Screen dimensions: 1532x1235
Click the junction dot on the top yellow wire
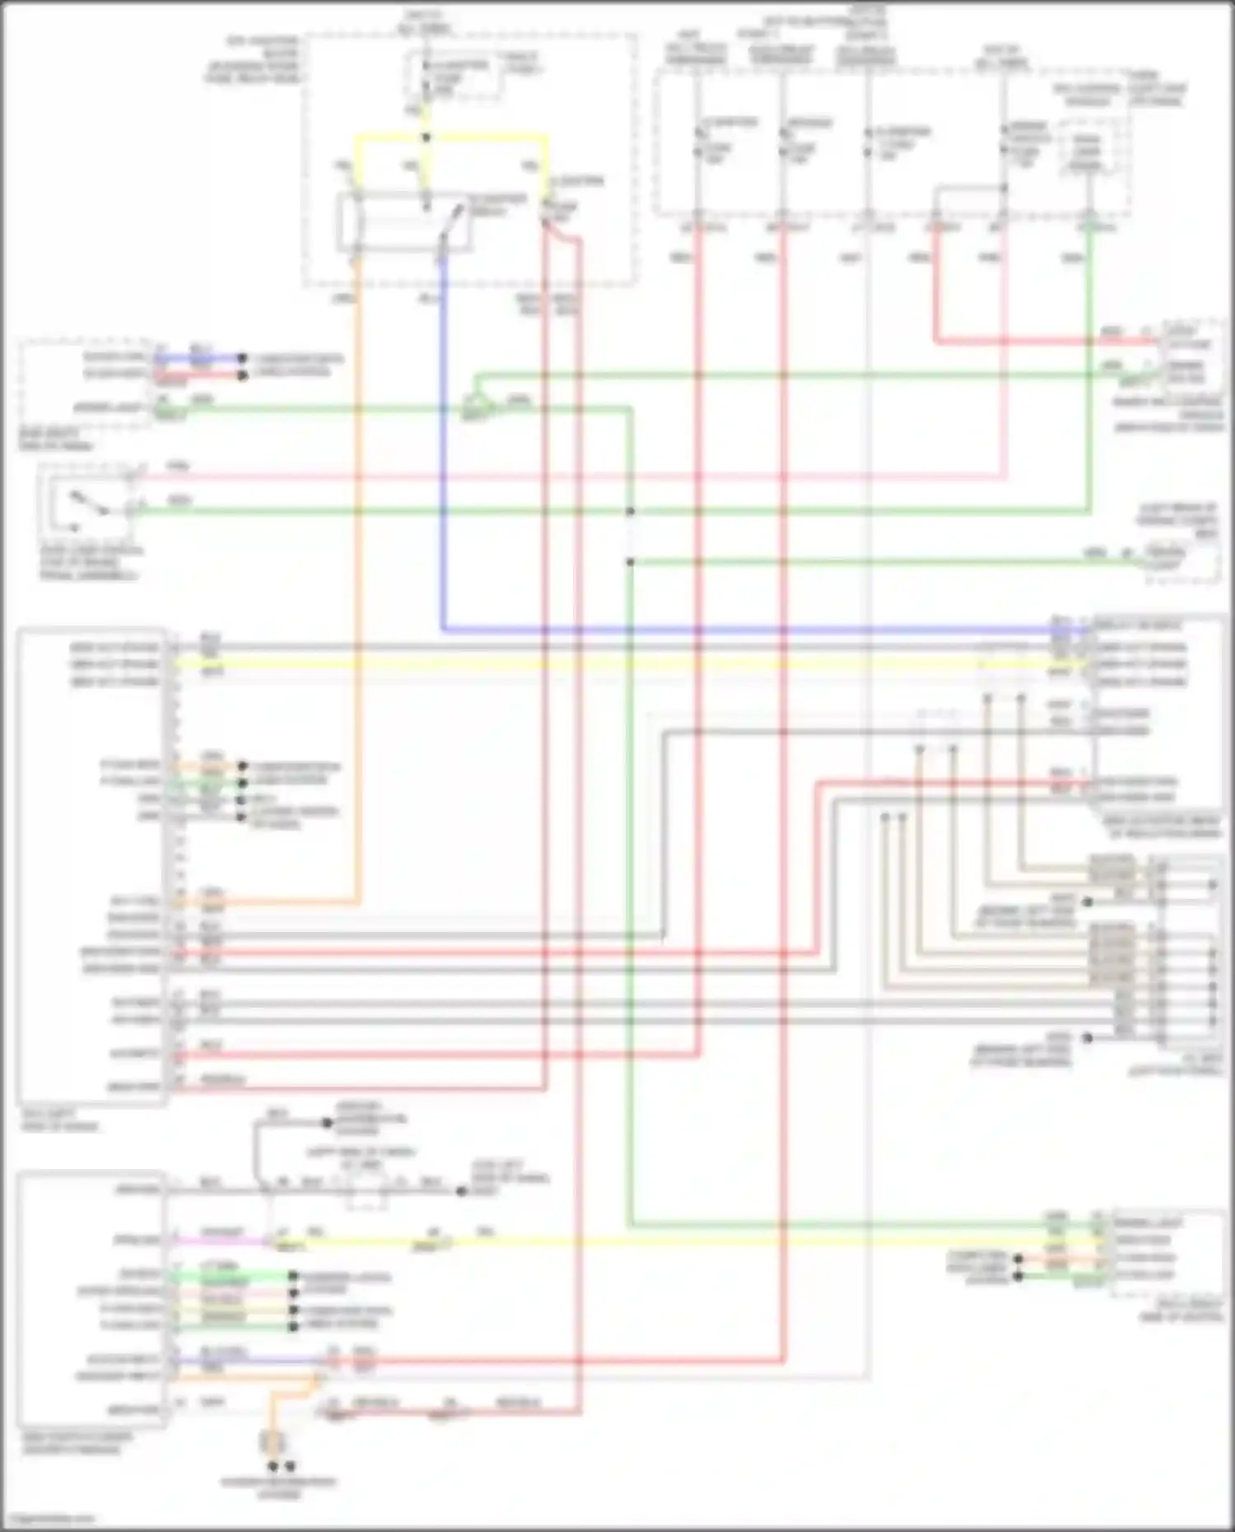point(426,137)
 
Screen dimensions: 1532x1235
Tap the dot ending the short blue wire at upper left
point(242,359)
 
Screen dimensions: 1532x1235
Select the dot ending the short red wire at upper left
point(242,375)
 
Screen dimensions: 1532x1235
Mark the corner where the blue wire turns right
point(444,630)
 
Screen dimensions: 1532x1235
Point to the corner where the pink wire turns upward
point(1004,476)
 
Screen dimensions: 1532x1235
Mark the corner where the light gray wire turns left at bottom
point(869,1376)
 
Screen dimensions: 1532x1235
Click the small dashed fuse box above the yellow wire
point(453,77)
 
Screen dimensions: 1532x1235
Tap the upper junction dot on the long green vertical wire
point(630,511)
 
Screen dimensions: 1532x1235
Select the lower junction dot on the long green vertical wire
point(630,562)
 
